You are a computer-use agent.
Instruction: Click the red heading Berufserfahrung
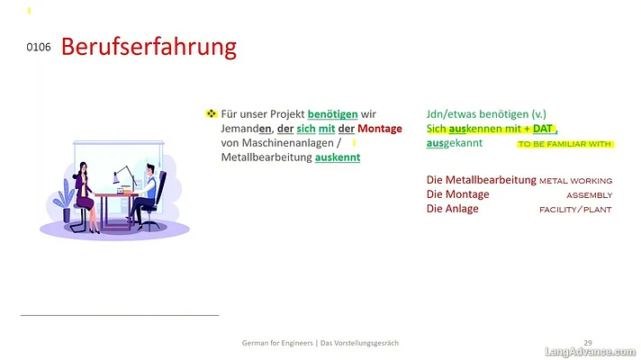coord(149,48)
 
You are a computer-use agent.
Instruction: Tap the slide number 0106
coord(39,48)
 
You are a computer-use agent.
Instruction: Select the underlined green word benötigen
coord(333,114)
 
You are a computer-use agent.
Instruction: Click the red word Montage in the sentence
coord(380,129)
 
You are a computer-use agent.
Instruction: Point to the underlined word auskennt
coord(338,157)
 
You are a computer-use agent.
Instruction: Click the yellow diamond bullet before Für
coord(211,113)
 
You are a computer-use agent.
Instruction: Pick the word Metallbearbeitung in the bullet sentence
coord(266,157)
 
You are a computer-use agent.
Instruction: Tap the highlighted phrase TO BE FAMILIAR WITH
coord(565,144)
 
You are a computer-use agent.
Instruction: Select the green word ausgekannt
coord(454,143)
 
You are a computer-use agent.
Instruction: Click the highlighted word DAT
coord(543,129)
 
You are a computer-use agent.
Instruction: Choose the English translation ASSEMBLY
coord(589,195)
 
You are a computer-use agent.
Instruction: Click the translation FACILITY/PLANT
coord(575,210)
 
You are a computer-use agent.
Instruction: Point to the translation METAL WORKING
coord(575,181)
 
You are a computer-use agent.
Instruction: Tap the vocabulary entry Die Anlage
coord(452,209)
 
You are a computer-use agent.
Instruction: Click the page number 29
coord(588,343)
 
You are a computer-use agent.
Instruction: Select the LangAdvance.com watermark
coord(590,352)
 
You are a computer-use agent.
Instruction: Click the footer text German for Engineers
coord(277,343)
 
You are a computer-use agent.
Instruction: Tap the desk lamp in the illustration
coord(123,176)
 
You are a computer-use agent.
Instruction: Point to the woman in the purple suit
coord(86,197)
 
